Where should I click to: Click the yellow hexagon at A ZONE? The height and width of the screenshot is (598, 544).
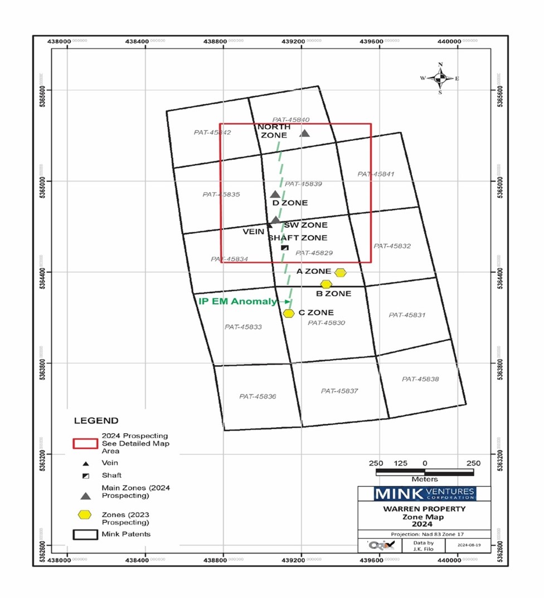341,272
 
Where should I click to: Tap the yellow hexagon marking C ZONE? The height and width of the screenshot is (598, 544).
288,313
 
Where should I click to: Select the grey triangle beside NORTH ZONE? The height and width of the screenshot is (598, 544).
304,133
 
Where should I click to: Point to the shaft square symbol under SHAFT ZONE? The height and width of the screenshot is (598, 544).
285,247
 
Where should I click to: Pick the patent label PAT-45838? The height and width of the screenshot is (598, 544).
420,379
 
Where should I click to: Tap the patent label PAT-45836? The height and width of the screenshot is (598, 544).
258,396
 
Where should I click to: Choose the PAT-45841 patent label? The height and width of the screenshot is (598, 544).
376,174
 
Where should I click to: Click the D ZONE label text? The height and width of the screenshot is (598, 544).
290,203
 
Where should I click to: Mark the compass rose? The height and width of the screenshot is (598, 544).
440,79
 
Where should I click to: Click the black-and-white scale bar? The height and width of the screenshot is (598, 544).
425,472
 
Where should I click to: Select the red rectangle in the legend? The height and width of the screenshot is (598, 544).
85,443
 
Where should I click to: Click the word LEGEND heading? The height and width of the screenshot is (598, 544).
96,421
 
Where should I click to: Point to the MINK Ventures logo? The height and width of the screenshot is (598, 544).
424,494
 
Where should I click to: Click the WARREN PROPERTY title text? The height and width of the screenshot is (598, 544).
425,509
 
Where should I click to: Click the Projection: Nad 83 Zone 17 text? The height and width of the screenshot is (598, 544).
425,533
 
